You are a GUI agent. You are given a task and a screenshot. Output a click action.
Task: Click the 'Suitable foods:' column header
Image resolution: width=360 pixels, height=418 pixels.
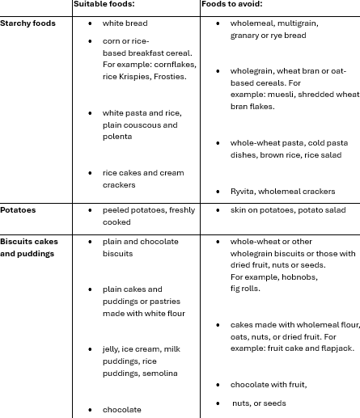(104, 4)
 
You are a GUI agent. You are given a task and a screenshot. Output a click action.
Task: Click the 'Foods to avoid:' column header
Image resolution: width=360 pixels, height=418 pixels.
(231, 4)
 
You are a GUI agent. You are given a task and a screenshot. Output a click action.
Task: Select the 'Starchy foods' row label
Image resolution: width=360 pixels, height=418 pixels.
(28, 23)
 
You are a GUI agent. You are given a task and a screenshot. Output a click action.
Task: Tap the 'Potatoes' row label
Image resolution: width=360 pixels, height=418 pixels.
(18, 210)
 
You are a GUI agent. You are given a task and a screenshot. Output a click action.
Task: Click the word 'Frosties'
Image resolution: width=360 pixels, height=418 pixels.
(168, 77)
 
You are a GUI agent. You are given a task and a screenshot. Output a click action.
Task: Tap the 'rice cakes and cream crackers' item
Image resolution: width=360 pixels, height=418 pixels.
(142, 179)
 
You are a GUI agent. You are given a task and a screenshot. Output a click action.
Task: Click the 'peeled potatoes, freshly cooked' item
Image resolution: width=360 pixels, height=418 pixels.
(148, 216)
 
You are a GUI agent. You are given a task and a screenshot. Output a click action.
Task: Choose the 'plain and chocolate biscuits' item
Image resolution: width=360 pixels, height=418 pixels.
(141, 247)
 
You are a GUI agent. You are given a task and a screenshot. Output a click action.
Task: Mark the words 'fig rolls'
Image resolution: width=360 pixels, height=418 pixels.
(245, 288)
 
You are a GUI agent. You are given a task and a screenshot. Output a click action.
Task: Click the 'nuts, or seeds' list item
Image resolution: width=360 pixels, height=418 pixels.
(259, 403)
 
